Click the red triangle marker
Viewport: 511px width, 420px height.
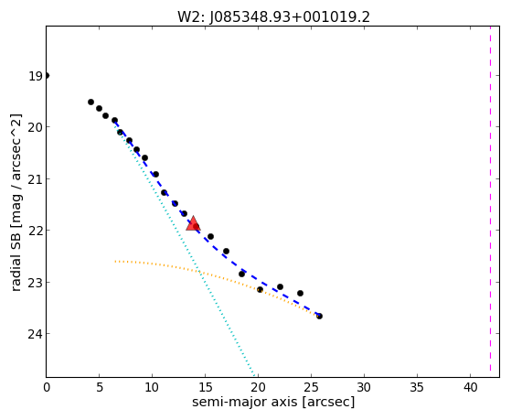[193, 223]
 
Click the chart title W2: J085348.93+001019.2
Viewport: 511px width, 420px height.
[273, 17]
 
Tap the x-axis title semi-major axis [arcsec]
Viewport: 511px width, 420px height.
[273, 402]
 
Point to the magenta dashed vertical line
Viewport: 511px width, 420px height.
[490, 201]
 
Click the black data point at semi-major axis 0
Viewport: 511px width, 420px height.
[47, 76]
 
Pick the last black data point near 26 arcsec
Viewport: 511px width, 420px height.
[319, 316]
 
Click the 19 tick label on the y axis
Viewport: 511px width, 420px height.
[36, 76]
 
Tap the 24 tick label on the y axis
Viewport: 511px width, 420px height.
[35, 334]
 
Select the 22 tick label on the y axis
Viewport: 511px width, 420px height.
[35, 231]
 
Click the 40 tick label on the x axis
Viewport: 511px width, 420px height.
[470, 387]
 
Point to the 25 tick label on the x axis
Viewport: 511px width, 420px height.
[311, 387]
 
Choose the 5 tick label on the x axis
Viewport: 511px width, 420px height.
[100, 387]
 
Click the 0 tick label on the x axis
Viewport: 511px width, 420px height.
[47, 387]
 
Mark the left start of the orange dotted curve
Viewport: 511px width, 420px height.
[115, 262]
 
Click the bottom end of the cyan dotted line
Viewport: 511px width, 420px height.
[253, 375]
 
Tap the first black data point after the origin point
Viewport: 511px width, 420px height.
[90, 102]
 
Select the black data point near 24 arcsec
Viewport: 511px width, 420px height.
[300, 293]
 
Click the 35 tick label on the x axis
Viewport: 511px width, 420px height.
[417, 387]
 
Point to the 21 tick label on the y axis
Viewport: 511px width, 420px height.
[35, 179]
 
